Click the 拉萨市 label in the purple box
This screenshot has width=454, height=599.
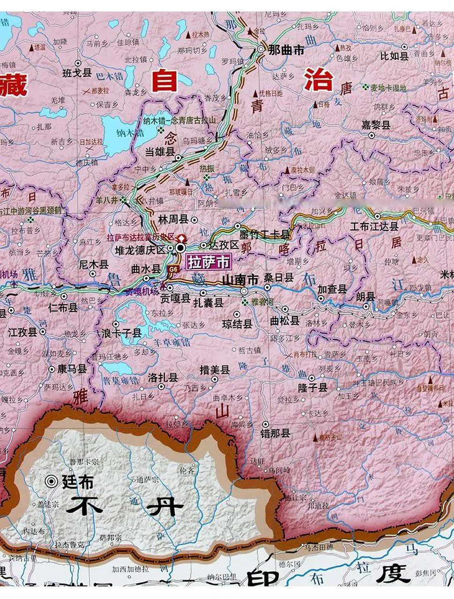coord(209,262)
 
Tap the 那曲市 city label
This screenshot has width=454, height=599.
coord(286,50)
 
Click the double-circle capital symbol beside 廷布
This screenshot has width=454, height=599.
coord(51,481)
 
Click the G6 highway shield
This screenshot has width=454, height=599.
coord(173,269)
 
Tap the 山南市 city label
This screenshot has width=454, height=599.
coord(240,279)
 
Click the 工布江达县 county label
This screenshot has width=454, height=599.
coord(374,226)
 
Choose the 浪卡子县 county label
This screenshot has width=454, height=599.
coord(122,333)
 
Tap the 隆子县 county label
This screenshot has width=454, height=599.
coord(313,387)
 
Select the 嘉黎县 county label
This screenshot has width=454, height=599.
coord(376,125)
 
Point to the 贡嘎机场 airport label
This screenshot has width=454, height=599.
coord(141,292)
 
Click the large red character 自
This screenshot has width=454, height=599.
coord(165,80)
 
